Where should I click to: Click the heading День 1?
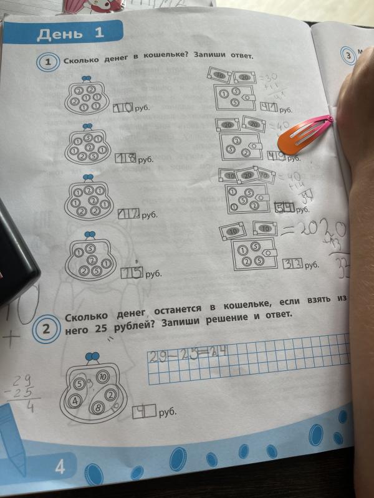[x=70, y=34]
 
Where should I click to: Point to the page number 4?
[x=60, y=467]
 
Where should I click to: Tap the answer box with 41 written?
[x=269, y=108]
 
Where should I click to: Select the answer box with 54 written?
[x=285, y=209]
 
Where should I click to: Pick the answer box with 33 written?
[x=293, y=264]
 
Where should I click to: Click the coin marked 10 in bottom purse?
[x=103, y=376]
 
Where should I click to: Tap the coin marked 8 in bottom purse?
[x=97, y=408]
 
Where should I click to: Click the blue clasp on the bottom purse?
[x=93, y=357]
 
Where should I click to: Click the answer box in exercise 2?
[x=143, y=411]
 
